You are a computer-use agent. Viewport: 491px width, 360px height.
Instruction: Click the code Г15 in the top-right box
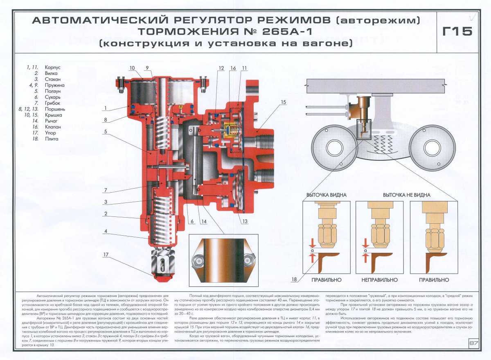(457, 31)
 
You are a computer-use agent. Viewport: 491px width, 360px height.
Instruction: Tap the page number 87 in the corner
(473, 343)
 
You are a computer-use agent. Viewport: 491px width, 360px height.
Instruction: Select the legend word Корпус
(53, 66)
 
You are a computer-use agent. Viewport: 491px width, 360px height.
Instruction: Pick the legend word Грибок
(53, 103)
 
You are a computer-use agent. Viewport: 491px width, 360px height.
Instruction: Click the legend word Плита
(52, 139)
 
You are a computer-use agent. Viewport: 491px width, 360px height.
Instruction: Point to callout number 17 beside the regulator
(106, 255)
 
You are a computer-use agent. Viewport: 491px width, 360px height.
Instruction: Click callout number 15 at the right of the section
(284, 102)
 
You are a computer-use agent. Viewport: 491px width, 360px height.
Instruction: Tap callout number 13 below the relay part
(245, 222)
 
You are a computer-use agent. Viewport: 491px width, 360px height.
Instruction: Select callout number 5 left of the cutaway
(105, 132)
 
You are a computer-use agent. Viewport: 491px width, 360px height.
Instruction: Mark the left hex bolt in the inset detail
(198, 260)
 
